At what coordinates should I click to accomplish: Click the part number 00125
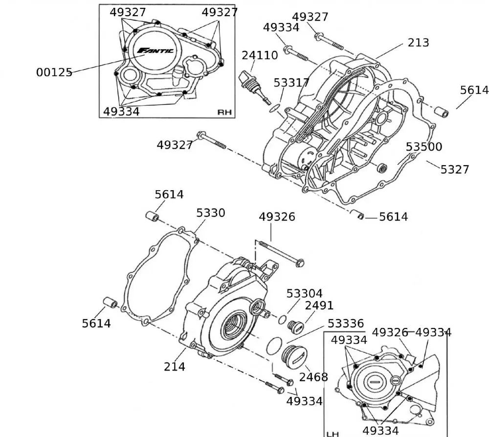coord(54,72)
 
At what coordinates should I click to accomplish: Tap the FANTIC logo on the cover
coord(155,50)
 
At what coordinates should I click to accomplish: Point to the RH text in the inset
coord(224,112)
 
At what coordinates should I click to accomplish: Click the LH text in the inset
coord(333,433)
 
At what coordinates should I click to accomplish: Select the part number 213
coord(418,43)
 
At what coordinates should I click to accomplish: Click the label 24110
coord(260,56)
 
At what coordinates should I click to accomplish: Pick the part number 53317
coord(291,83)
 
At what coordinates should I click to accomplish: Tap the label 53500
coord(423,147)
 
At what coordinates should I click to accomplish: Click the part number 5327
coord(454,170)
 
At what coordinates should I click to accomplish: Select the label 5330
coord(211,213)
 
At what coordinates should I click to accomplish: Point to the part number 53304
coord(304,294)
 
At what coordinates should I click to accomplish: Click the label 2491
coord(319,306)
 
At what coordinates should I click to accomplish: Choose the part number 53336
coord(345,324)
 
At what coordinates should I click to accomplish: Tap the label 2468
coord(313,377)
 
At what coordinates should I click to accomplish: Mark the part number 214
coord(175,366)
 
